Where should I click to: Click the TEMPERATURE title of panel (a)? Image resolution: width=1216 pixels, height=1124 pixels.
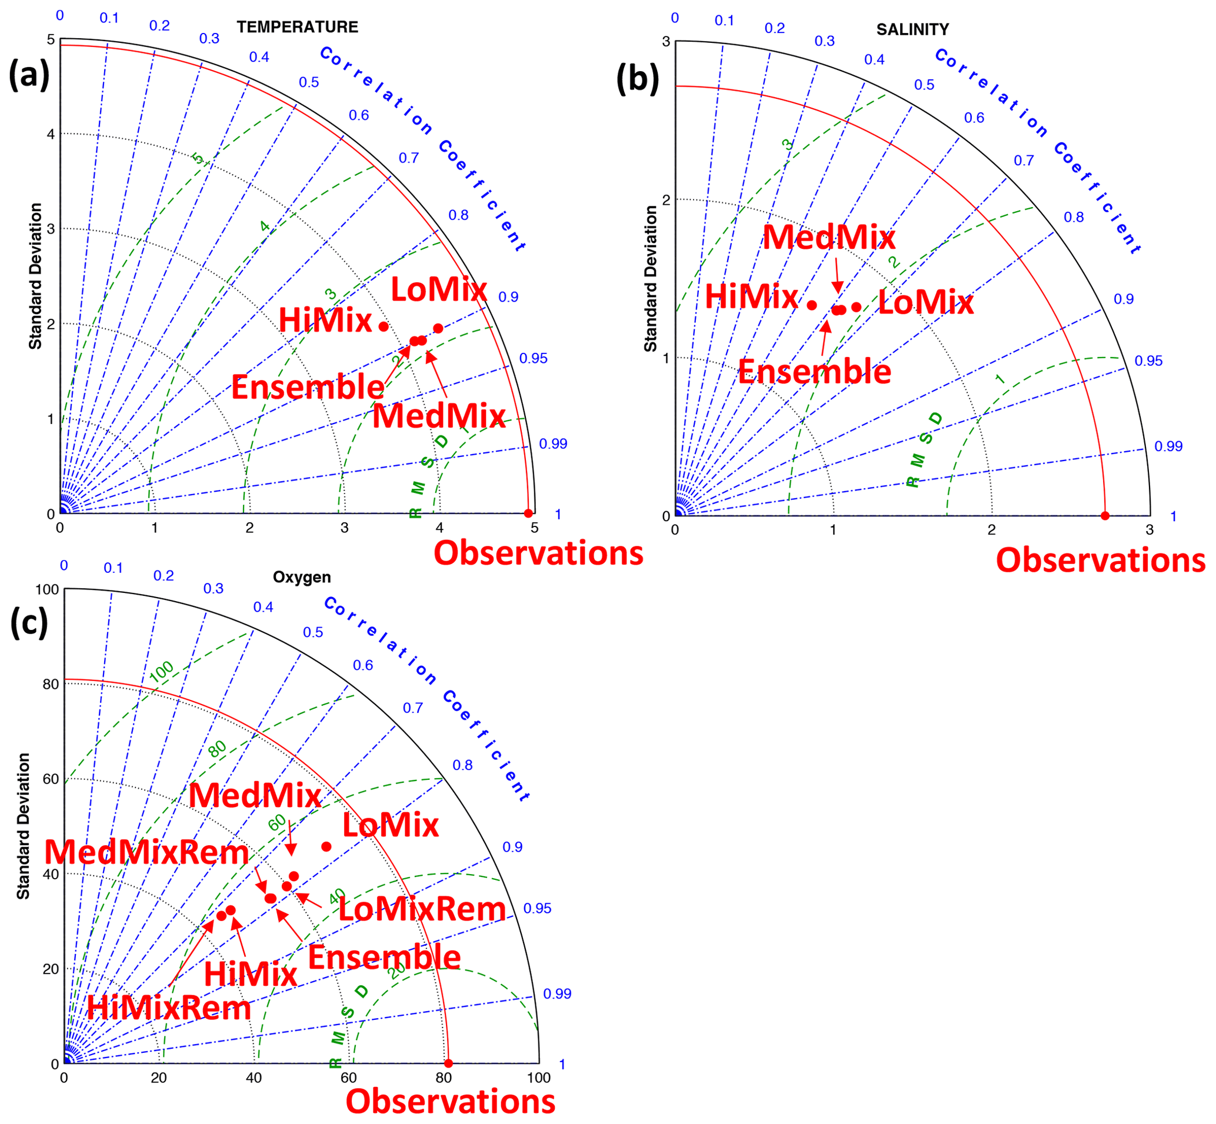click(x=298, y=28)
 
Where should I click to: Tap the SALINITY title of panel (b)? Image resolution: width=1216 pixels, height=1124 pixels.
click(x=912, y=30)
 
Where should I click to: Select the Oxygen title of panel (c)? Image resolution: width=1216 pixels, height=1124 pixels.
click(x=302, y=577)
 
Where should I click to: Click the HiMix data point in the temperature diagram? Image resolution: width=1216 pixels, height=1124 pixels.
click(x=383, y=326)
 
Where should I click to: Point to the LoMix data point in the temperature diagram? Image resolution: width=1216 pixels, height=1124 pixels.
click(x=438, y=328)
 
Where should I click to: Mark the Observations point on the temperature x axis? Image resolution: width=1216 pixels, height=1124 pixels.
click(x=528, y=513)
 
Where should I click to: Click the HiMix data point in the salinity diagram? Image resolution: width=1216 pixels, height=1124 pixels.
click(x=811, y=305)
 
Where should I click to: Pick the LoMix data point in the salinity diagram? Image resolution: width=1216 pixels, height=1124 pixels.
click(x=856, y=307)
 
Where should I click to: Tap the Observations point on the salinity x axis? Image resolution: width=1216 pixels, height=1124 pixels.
click(x=1105, y=516)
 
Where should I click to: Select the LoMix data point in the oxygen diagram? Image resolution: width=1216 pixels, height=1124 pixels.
click(x=326, y=846)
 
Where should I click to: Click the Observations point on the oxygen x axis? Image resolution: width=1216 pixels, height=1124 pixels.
click(x=448, y=1063)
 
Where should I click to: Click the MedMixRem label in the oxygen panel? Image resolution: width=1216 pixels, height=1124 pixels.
click(x=146, y=853)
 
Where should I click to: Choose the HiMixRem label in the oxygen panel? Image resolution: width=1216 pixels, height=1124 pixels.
click(x=168, y=1009)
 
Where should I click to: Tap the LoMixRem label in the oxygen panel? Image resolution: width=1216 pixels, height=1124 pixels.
click(x=422, y=909)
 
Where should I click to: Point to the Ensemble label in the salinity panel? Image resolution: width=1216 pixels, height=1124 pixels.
click(x=814, y=372)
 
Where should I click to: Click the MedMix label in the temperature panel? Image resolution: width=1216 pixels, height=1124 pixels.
click(x=439, y=416)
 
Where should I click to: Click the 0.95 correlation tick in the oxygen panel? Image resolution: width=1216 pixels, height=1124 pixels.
click(x=537, y=908)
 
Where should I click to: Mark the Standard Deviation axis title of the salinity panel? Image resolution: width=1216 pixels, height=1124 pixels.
click(x=650, y=278)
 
